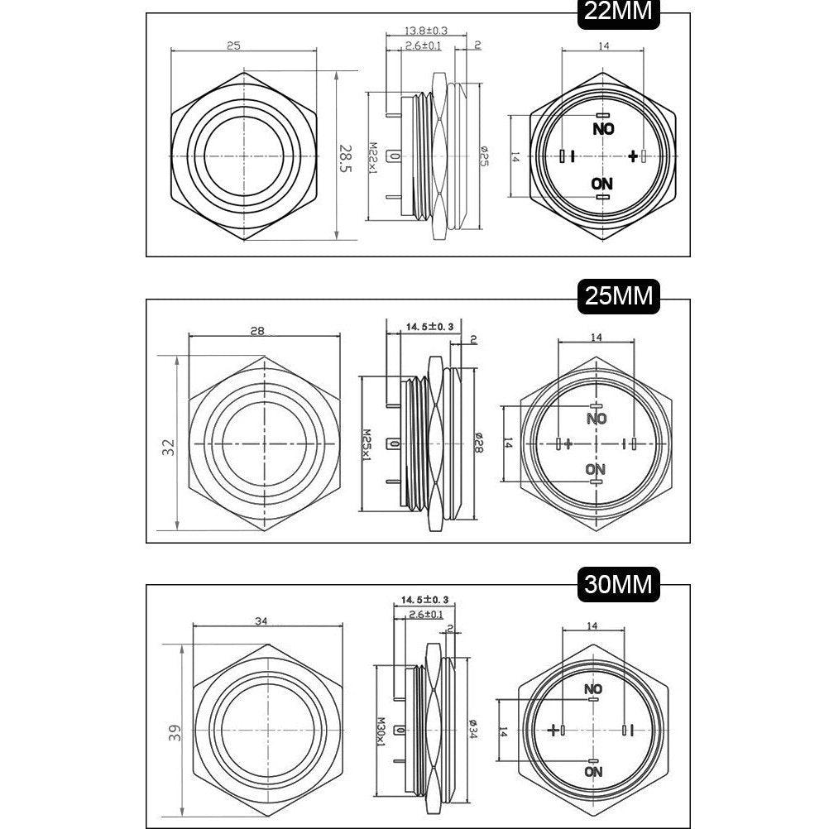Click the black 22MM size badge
click(618, 12)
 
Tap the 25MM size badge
click(619, 296)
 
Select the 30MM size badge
click(619, 585)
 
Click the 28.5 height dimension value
click(345, 159)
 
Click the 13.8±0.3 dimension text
click(426, 31)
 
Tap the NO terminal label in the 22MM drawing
click(603, 129)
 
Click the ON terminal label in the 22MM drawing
click(601, 184)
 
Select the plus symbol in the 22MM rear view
click(633, 156)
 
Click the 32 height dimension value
click(168, 448)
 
